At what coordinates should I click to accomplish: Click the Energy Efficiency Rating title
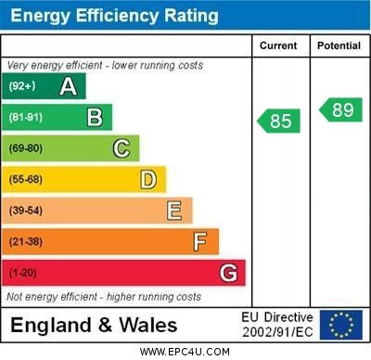pyautogui.click(x=114, y=16)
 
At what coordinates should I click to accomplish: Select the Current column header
pyautogui.click(x=278, y=45)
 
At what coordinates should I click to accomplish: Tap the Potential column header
pyautogui.click(x=339, y=45)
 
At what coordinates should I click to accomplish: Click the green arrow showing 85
pyautogui.click(x=279, y=121)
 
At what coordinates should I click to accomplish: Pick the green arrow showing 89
pyautogui.click(x=340, y=109)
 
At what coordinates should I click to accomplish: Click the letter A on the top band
pyautogui.click(x=68, y=87)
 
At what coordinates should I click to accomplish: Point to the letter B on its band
pyautogui.click(x=95, y=117)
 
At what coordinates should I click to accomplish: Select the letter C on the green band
pyautogui.click(x=121, y=148)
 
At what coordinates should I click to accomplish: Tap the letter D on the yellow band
pyautogui.click(x=147, y=179)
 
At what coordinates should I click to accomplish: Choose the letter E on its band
pyautogui.click(x=173, y=211)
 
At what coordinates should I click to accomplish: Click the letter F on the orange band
pyautogui.click(x=199, y=242)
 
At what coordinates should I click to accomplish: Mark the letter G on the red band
pyautogui.click(x=227, y=274)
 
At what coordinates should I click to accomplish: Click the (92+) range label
pyautogui.click(x=21, y=87)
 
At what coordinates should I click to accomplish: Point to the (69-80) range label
pyautogui.click(x=25, y=148)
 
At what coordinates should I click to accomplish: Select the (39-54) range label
pyautogui.click(x=25, y=211)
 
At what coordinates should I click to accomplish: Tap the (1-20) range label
pyautogui.click(x=22, y=274)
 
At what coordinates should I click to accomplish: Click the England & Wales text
pyautogui.click(x=94, y=325)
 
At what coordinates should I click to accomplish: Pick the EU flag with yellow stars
pyautogui.click(x=340, y=325)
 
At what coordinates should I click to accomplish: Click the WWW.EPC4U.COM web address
pyautogui.click(x=185, y=352)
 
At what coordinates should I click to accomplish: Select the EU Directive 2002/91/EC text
pyautogui.click(x=277, y=325)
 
